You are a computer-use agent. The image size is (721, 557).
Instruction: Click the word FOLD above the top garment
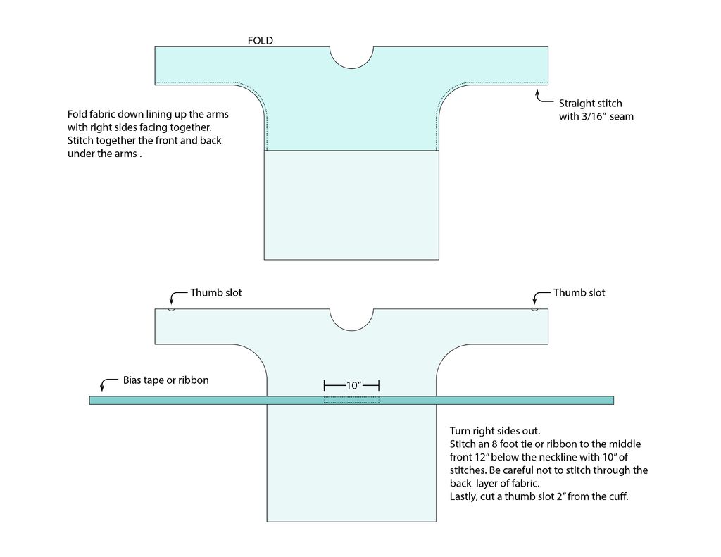point(261,40)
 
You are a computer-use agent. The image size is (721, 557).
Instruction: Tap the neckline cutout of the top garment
point(351,67)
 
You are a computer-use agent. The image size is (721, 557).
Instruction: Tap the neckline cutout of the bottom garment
point(351,330)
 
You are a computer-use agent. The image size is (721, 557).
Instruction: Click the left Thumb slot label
point(215,292)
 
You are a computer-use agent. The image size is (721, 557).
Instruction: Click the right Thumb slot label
point(579,292)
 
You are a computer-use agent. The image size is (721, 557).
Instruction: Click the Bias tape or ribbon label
point(165,380)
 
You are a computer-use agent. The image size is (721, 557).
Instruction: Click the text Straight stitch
point(591,103)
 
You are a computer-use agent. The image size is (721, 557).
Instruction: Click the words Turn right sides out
point(495,431)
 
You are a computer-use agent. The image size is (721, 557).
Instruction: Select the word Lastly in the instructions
point(463,496)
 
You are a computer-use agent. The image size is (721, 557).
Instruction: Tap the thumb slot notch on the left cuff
point(171,310)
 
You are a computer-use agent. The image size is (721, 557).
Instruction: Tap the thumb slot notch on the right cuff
point(534,310)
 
